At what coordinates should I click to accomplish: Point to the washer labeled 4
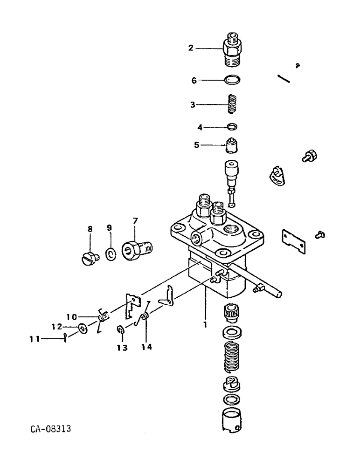click(x=232, y=126)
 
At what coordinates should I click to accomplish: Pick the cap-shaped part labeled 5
click(x=232, y=145)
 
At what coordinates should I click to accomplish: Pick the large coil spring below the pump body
click(x=232, y=356)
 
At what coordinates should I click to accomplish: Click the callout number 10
click(x=71, y=317)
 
